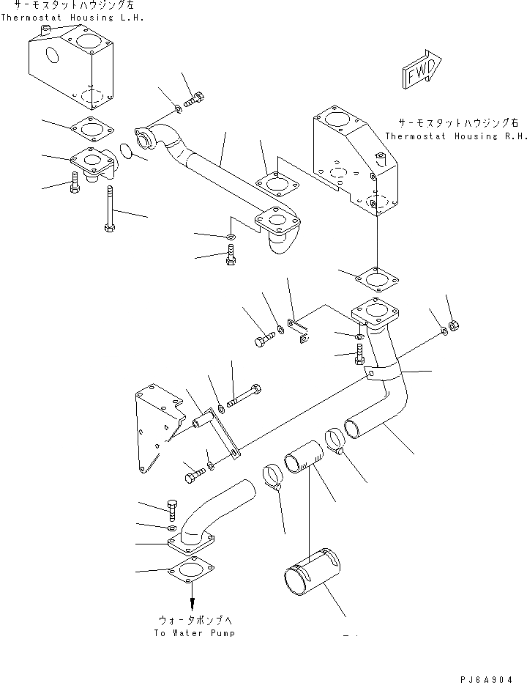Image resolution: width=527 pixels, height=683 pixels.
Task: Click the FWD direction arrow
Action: pyautogui.click(x=420, y=72)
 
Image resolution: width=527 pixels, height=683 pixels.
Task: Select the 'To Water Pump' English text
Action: pyautogui.click(x=195, y=632)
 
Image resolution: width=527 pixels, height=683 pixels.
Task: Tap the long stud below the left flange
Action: pyautogui.click(x=108, y=208)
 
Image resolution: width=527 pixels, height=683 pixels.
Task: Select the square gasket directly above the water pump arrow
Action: pyautogui.click(x=190, y=570)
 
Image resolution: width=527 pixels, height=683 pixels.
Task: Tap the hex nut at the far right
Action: pyautogui.click(x=452, y=325)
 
